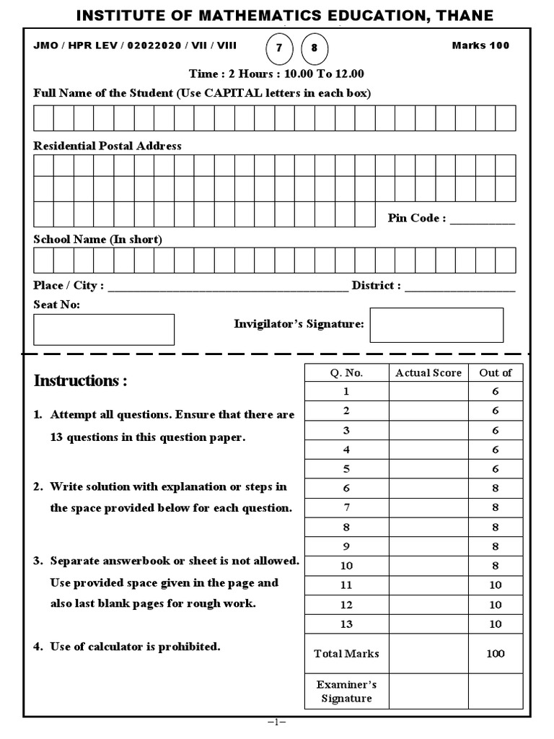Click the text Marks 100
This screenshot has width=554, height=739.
480,45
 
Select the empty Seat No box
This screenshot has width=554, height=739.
104,329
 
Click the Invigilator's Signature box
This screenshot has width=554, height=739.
436,325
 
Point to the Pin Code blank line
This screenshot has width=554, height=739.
483,219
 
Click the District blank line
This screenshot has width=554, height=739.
460,287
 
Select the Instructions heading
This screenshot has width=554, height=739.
80,381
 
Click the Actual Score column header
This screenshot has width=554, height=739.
428,372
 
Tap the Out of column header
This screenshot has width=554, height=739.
496,372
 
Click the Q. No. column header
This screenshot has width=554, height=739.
346,372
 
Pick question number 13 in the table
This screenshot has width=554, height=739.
346,624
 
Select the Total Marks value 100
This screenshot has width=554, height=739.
496,654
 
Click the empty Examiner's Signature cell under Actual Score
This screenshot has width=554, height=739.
428,691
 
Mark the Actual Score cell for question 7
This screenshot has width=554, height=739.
428,507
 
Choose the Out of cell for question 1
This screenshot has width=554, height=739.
496,391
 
